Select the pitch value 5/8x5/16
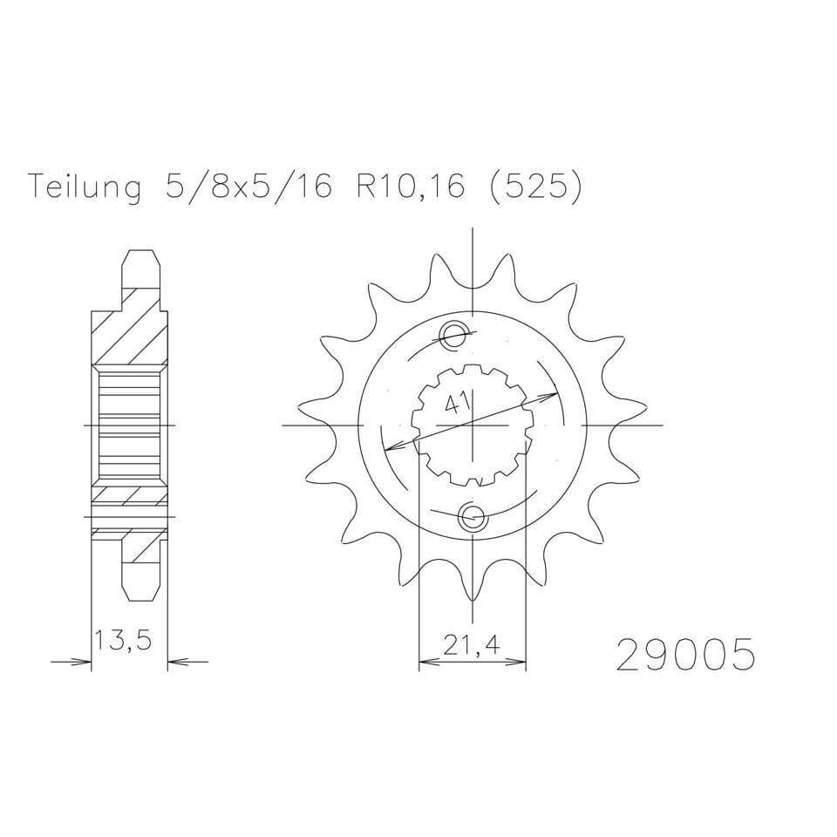click(248, 187)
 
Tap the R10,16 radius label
click(409, 187)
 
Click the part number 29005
click(684, 656)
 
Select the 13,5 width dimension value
click(124, 642)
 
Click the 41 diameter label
click(455, 403)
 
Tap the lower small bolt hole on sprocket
click(472, 518)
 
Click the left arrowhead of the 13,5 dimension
click(85, 663)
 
